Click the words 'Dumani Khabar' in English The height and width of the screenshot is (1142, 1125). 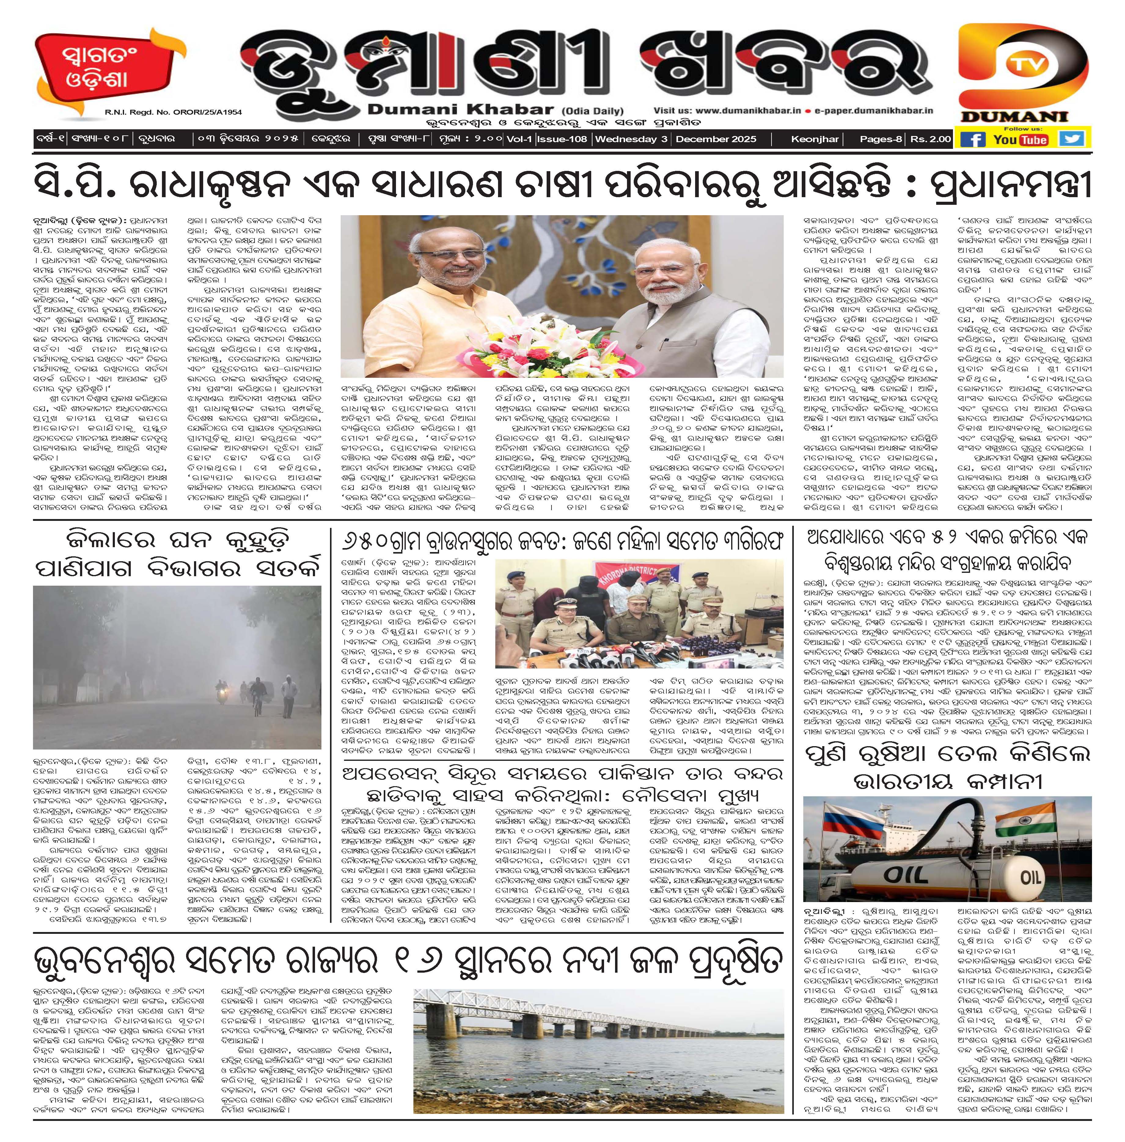click(460, 109)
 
